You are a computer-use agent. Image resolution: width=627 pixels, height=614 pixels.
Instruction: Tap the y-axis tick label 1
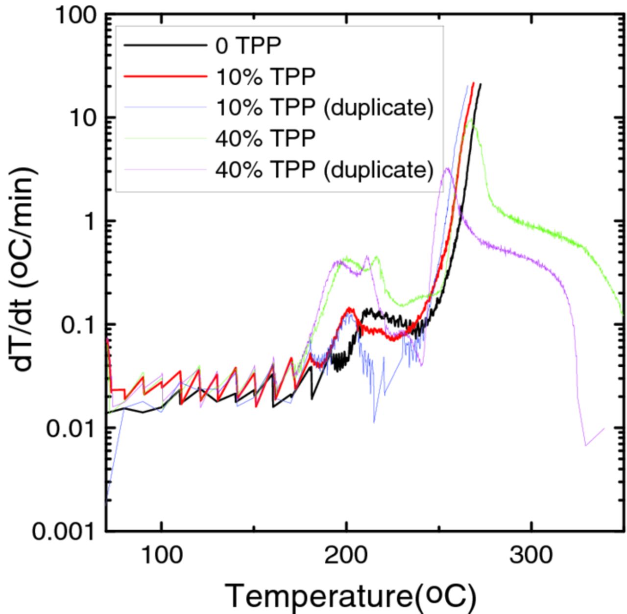pyautogui.click(x=89, y=221)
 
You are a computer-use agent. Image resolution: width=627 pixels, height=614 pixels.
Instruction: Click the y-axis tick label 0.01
pyautogui.click(x=71, y=428)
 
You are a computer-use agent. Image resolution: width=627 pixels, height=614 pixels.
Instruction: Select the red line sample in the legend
pyautogui.click(x=165, y=76)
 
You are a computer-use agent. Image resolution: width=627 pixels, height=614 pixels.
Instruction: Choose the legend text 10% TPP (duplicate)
pyautogui.click(x=325, y=107)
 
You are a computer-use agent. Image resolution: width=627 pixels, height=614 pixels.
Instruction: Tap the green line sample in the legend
pyautogui.click(x=165, y=139)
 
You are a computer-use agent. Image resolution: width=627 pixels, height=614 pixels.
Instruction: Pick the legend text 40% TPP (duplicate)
pyautogui.click(x=325, y=169)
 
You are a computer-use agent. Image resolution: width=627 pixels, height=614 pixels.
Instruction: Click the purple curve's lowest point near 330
pyautogui.click(x=585, y=446)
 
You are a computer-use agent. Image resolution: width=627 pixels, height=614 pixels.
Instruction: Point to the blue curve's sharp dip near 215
pyautogui.click(x=374, y=422)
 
